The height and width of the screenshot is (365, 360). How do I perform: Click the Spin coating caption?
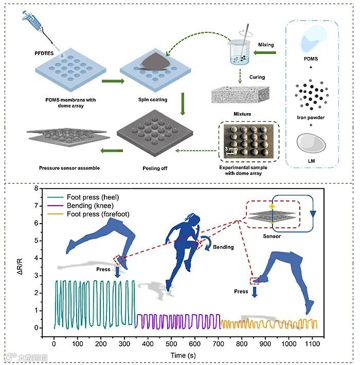(153, 99)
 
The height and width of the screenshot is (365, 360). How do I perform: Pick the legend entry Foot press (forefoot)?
(108, 214)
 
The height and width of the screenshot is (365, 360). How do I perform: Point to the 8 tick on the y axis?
(36, 188)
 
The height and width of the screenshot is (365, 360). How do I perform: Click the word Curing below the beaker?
(257, 78)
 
